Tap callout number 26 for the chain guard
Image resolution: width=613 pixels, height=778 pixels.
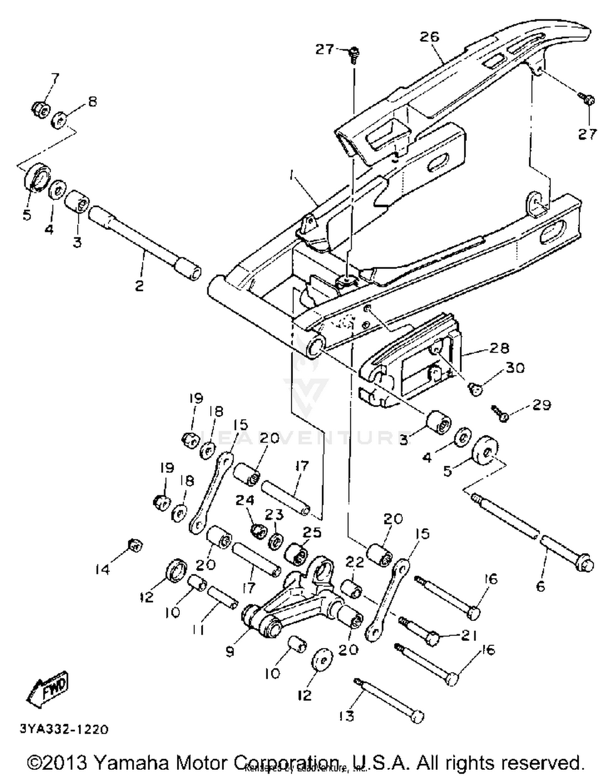430,37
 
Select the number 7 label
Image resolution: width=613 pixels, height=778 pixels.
55,78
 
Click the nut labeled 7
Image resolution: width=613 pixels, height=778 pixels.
41,108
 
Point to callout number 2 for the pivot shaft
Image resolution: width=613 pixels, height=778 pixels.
139,285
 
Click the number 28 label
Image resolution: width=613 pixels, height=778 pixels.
499,348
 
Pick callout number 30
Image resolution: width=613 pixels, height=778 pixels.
515,368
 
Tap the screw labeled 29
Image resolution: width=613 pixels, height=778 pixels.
499,413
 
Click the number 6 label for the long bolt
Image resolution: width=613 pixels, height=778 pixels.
541,586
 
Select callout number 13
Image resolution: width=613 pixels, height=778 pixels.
347,716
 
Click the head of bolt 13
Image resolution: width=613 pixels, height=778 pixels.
417,717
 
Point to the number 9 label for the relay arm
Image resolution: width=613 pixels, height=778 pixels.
230,651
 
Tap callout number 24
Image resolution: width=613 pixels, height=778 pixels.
245,500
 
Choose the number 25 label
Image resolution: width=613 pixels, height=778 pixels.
312,532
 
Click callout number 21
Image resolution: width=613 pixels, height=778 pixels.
469,635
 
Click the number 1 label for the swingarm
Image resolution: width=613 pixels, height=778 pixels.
291,176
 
